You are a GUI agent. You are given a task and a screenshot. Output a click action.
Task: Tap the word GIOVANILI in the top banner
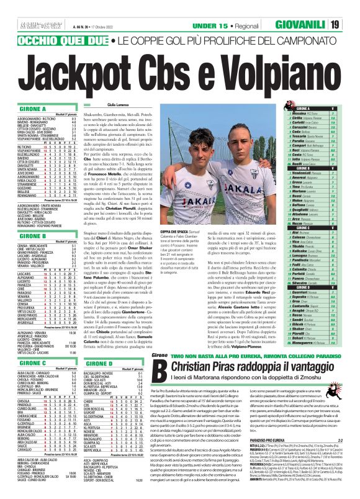(x=308, y=24)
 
